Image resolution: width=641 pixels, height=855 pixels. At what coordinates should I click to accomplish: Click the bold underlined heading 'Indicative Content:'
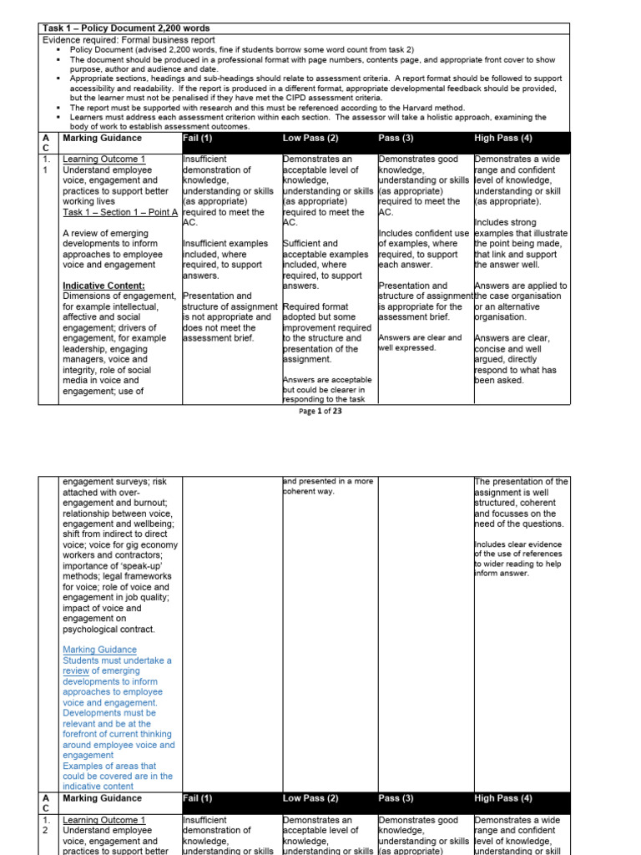click(103, 286)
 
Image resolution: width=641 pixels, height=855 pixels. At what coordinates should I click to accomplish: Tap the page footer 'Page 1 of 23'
click(320, 411)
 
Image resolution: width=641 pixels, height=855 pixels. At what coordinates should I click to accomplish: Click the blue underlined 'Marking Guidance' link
click(99, 650)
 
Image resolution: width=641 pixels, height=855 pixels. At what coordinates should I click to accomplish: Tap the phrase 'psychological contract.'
click(109, 629)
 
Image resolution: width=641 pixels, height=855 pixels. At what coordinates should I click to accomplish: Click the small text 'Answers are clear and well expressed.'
click(420, 342)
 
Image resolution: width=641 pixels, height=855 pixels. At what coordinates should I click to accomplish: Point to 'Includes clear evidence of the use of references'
click(517, 549)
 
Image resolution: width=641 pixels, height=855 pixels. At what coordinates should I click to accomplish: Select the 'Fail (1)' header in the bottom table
click(198, 798)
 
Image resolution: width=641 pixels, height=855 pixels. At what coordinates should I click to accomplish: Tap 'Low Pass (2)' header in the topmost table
click(310, 138)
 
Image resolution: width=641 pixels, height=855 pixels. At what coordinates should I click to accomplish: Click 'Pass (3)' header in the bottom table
click(396, 798)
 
